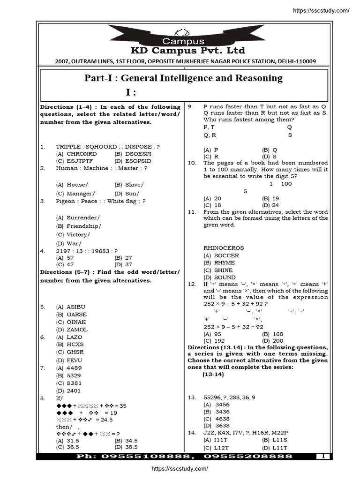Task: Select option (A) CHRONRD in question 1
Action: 76,154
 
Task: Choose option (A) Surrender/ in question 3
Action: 77,217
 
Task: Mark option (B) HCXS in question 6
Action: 71,345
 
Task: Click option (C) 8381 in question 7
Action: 68,383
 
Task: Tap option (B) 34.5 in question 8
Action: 126,441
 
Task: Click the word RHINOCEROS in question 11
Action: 224,247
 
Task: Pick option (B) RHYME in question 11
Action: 219,263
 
